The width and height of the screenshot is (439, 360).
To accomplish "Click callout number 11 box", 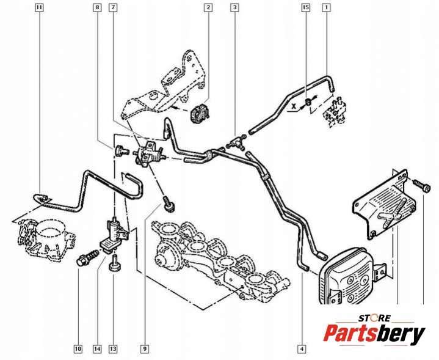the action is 40,7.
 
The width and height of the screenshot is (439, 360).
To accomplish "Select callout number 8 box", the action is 97,7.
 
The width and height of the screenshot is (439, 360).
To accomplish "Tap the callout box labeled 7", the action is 113,7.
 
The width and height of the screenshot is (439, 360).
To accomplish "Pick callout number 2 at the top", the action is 208,7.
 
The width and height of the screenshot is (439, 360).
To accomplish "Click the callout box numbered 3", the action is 234,7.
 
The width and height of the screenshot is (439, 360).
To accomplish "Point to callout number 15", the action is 306,7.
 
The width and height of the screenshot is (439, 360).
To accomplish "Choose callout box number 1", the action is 326,7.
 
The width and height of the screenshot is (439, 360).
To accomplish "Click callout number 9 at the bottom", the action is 145,349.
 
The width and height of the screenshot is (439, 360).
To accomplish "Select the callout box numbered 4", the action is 302,349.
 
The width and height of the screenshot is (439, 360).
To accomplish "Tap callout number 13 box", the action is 113,349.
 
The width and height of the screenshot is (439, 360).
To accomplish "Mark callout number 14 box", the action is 97,349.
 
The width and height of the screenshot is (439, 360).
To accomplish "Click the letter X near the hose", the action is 294,106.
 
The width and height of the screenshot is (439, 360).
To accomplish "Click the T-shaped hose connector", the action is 235,142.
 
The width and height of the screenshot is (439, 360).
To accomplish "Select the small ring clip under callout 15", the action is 307,102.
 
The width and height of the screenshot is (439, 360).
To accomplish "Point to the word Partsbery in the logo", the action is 374,334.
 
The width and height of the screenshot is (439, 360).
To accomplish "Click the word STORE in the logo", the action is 374,318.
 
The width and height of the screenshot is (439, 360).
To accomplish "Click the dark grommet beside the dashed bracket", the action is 199,112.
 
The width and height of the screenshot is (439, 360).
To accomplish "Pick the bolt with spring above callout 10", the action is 87,258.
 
